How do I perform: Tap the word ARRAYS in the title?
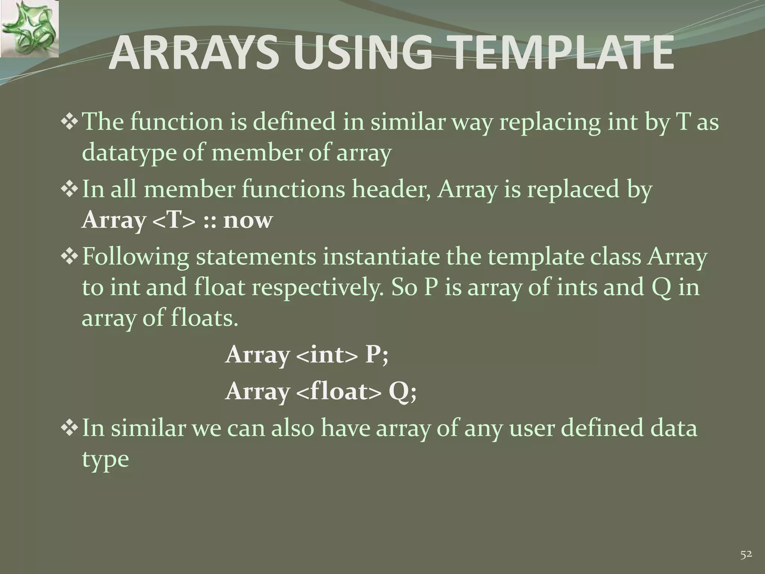[195, 53]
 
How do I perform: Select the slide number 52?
[746, 555]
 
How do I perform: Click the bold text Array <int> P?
[307, 354]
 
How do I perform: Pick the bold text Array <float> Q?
[320, 392]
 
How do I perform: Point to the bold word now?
[248, 220]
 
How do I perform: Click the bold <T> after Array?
[174, 220]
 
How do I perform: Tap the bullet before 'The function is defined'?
[69, 122]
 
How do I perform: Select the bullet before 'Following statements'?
[69, 257]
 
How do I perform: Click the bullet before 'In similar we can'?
[69, 428]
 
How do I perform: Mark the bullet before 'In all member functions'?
[69, 189]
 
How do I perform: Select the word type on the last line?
[105, 459]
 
